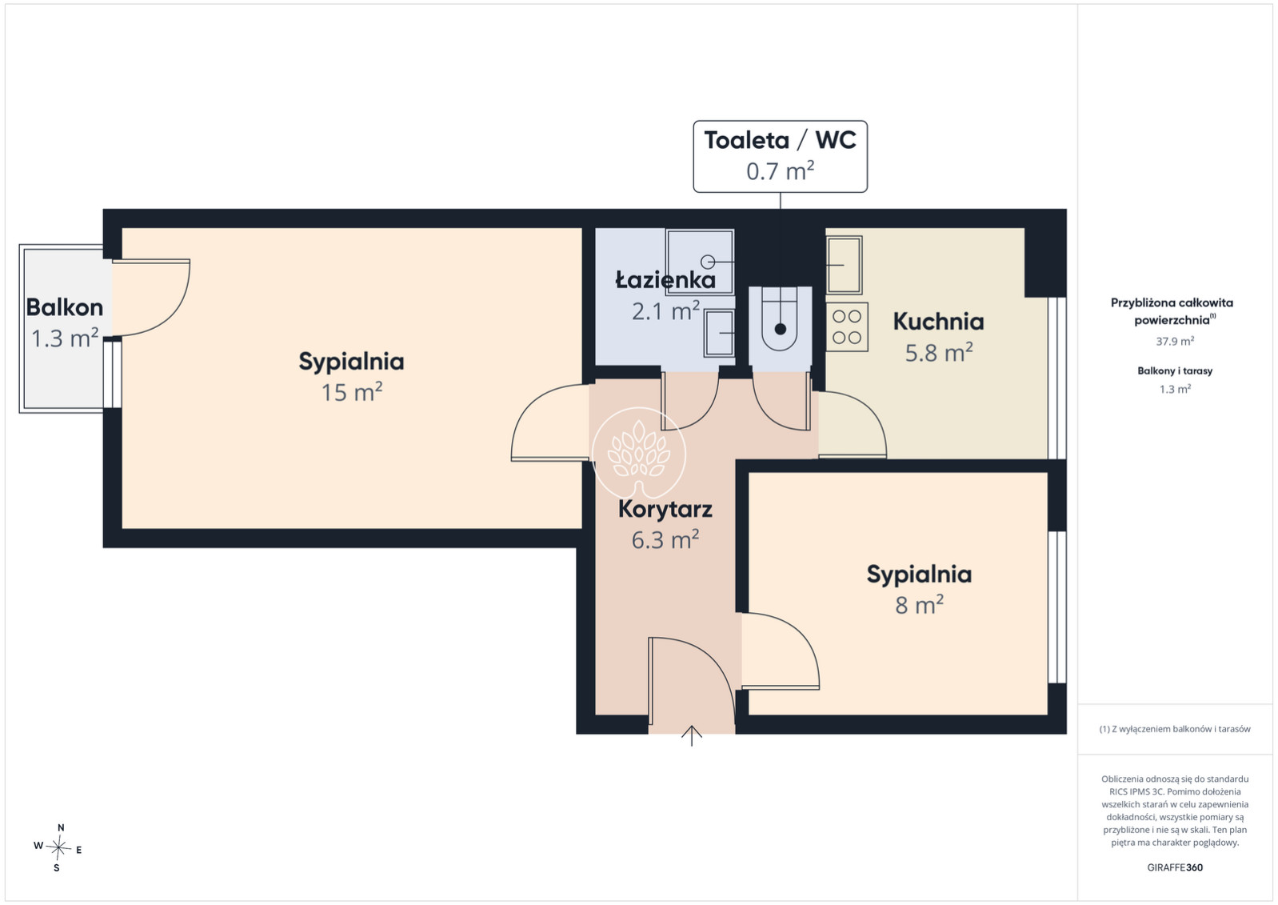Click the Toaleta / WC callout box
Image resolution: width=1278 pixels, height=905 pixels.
(x=780, y=157)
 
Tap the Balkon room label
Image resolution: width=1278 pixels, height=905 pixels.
(x=65, y=308)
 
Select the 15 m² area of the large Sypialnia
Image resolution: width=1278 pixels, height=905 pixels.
(x=351, y=392)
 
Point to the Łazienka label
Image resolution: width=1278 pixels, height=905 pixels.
(x=665, y=279)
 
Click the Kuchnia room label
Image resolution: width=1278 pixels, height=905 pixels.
(x=939, y=322)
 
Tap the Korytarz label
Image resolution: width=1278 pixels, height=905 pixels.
(x=665, y=509)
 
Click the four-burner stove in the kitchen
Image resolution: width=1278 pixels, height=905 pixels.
(x=847, y=326)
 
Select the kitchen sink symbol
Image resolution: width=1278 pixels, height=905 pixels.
(x=844, y=265)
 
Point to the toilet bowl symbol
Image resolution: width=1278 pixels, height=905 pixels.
(x=780, y=326)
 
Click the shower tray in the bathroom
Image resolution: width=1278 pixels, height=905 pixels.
(x=700, y=262)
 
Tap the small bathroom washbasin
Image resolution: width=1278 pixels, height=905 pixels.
(x=720, y=334)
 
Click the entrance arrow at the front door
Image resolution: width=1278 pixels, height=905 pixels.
(x=692, y=736)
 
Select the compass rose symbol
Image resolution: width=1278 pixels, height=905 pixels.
(x=58, y=848)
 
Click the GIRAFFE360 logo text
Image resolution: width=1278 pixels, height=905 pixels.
(x=1175, y=867)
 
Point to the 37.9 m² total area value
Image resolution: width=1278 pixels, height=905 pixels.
(x=1175, y=342)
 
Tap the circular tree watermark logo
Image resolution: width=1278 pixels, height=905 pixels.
(x=639, y=453)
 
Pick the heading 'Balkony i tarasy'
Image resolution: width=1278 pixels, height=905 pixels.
(x=1175, y=371)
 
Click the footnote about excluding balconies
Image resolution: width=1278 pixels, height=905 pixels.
(x=1175, y=729)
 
